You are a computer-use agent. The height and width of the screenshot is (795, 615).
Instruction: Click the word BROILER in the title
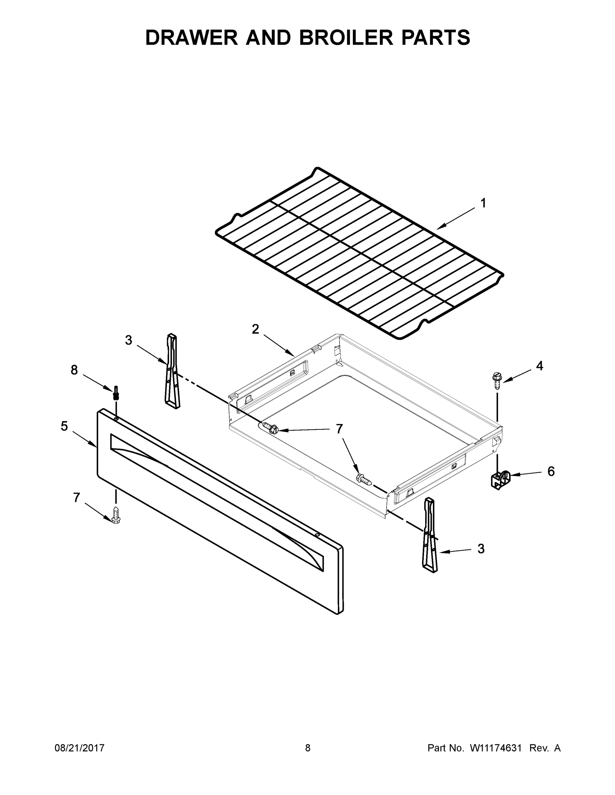point(346,37)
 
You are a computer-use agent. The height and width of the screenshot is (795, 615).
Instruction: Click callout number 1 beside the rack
point(483,203)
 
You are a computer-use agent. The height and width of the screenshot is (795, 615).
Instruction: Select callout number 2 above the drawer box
point(255,329)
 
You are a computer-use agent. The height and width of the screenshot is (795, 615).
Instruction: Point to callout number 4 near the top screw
point(539,366)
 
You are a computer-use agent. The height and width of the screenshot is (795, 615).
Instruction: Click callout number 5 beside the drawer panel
point(64,426)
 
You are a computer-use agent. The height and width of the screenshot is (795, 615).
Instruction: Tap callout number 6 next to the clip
point(551,471)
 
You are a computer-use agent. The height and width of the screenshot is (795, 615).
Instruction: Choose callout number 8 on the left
point(74,370)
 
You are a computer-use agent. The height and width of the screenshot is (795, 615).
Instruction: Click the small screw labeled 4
point(497,380)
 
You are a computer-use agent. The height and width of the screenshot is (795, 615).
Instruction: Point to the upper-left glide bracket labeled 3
point(172,371)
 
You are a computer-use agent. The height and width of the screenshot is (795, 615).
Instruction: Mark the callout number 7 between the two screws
point(339,429)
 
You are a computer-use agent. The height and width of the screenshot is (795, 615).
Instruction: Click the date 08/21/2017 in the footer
point(80,748)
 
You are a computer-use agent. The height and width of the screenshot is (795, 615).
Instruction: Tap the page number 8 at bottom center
point(308,748)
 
